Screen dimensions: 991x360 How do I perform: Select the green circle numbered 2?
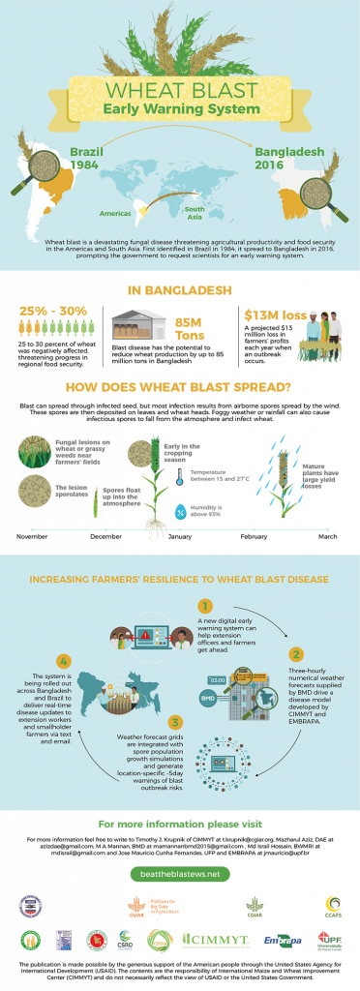[x=296, y=654]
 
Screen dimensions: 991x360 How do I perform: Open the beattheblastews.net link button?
[x=180, y=873]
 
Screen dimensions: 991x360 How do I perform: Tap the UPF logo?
[x=332, y=940]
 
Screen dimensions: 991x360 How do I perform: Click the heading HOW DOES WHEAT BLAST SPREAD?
[x=180, y=388]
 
